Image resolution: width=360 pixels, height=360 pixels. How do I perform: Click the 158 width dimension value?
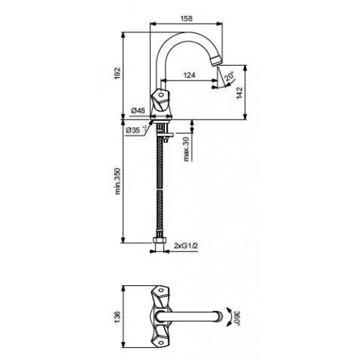click(186, 19)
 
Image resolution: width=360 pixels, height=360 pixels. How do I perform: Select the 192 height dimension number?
click(117, 73)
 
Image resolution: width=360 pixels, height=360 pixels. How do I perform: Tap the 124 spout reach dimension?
click(189, 75)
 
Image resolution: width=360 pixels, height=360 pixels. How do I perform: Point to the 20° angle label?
click(229, 76)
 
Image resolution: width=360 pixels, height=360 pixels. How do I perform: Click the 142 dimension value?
click(240, 93)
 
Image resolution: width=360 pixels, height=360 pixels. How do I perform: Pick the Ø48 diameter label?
click(138, 111)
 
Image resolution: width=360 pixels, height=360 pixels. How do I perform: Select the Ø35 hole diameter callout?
click(136, 130)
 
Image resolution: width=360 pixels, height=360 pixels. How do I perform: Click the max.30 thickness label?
click(186, 149)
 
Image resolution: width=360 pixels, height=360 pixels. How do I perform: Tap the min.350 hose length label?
click(117, 181)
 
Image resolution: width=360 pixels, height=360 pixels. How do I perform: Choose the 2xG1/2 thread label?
click(186, 246)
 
